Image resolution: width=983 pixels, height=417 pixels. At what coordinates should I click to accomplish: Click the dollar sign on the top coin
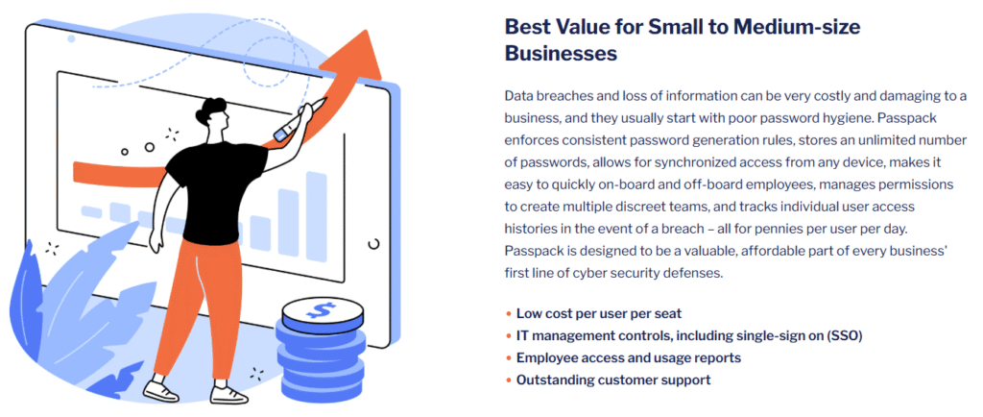323,309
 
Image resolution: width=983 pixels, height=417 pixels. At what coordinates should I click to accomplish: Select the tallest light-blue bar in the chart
316,216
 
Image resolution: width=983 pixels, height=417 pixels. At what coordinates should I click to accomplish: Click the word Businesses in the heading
561,53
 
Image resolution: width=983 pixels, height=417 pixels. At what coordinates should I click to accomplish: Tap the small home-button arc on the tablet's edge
375,243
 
